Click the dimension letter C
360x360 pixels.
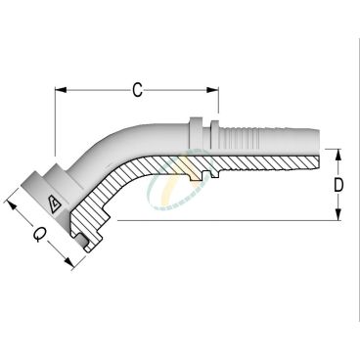point(138,91)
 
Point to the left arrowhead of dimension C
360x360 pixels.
point(58,91)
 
